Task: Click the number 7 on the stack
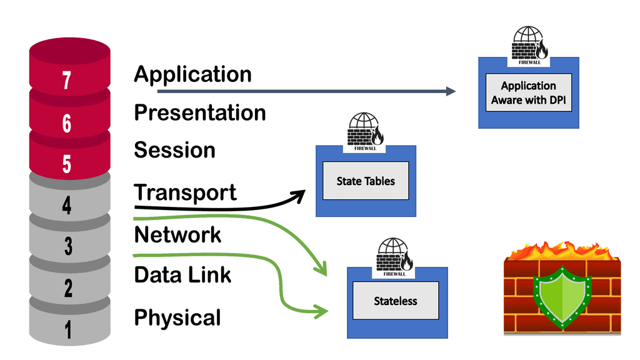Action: pos(67,81)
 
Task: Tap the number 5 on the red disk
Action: pos(67,164)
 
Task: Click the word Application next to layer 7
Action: pos(192,74)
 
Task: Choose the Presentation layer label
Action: pos(200,112)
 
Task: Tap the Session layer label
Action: pos(174,150)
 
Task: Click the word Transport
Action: pos(186,192)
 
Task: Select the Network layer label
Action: pos(177,235)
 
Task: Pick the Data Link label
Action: pos(182,274)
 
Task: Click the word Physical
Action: pos(177,317)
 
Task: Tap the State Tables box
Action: pos(366,181)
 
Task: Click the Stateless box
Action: pos(396,301)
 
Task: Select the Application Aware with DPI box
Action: pos(528,93)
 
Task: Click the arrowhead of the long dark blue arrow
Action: pos(451,92)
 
